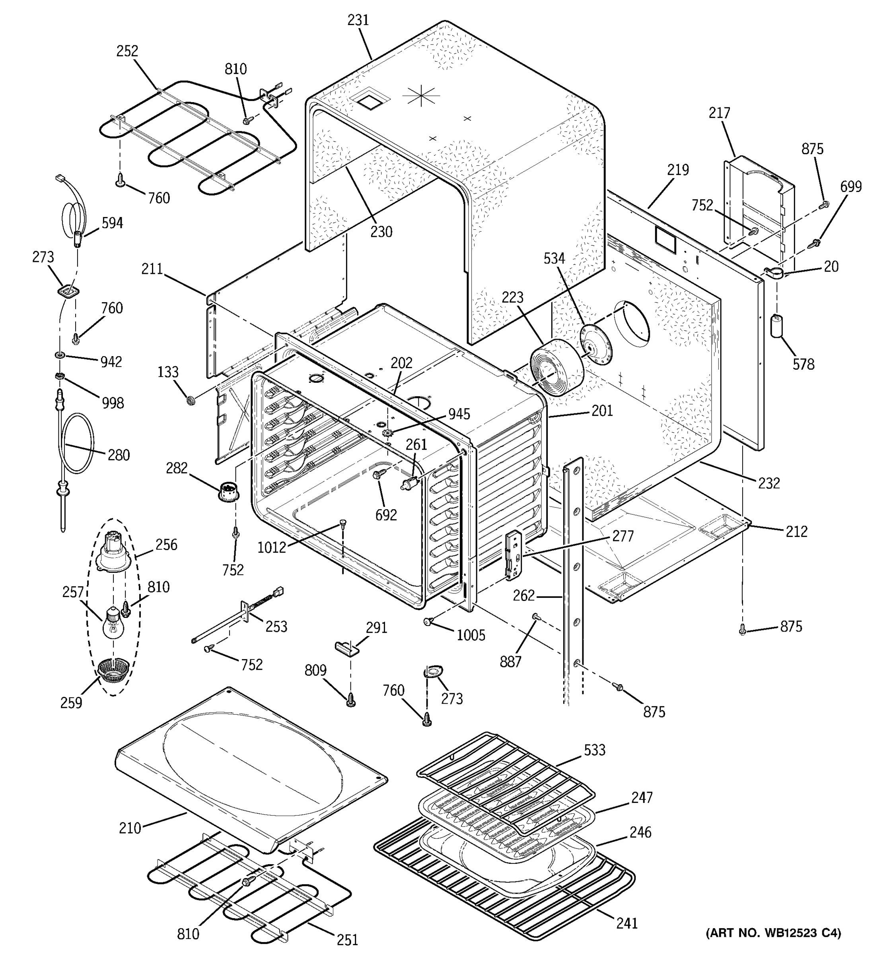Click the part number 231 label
[x=358, y=20]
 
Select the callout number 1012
[x=272, y=547]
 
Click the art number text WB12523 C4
[x=773, y=933]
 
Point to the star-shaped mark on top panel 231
[x=420, y=95]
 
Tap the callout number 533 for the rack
[x=594, y=750]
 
